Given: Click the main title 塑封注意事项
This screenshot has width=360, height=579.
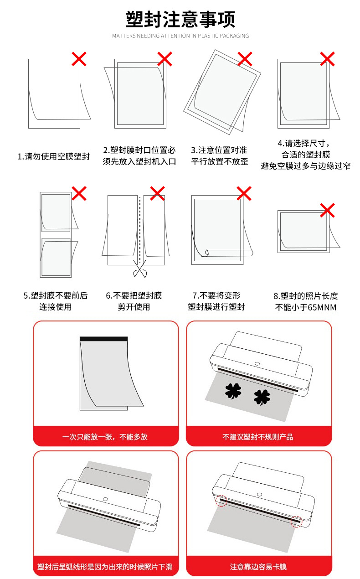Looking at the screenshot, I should click(x=180, y=20).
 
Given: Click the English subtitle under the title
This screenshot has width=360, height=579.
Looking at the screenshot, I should click(x=180, y=36).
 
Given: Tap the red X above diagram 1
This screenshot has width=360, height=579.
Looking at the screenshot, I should click(x=79, y=58).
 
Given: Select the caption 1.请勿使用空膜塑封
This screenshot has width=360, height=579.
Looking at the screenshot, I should click(x=54, y=156).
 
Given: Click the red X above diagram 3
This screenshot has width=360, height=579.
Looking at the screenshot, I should click(x=245, y=58).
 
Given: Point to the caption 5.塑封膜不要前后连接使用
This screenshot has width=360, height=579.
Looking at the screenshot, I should click(x=55, y=301).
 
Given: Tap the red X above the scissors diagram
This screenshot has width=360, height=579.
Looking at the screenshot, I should click(x=157, y=193).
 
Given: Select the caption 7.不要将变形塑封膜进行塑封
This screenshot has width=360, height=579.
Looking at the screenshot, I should click(x=216, y=301).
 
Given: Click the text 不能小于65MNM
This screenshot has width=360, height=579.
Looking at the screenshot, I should click(x=306, y=307).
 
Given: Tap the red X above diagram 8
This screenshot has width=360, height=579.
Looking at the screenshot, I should click(x=327, y=210).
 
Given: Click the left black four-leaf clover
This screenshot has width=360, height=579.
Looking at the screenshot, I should click(x=233, y=390).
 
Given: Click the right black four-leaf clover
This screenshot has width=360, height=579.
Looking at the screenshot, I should click(x=262, y=397).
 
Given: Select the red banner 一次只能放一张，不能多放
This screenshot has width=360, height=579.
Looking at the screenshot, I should click(x=105, y=436).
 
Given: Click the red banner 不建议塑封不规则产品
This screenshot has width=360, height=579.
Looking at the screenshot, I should click(x=258, y=436).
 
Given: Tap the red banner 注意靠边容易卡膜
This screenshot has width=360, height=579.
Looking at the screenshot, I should click(x=258, y=567).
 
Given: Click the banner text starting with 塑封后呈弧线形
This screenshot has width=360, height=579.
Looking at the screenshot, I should click(x=105, y=567).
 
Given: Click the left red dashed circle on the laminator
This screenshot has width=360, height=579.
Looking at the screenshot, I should click(x=221, y=501).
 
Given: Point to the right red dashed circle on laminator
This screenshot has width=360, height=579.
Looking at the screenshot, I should click(x=297, y=521).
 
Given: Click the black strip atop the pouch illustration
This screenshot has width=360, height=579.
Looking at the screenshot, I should click(x=104, y=339).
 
